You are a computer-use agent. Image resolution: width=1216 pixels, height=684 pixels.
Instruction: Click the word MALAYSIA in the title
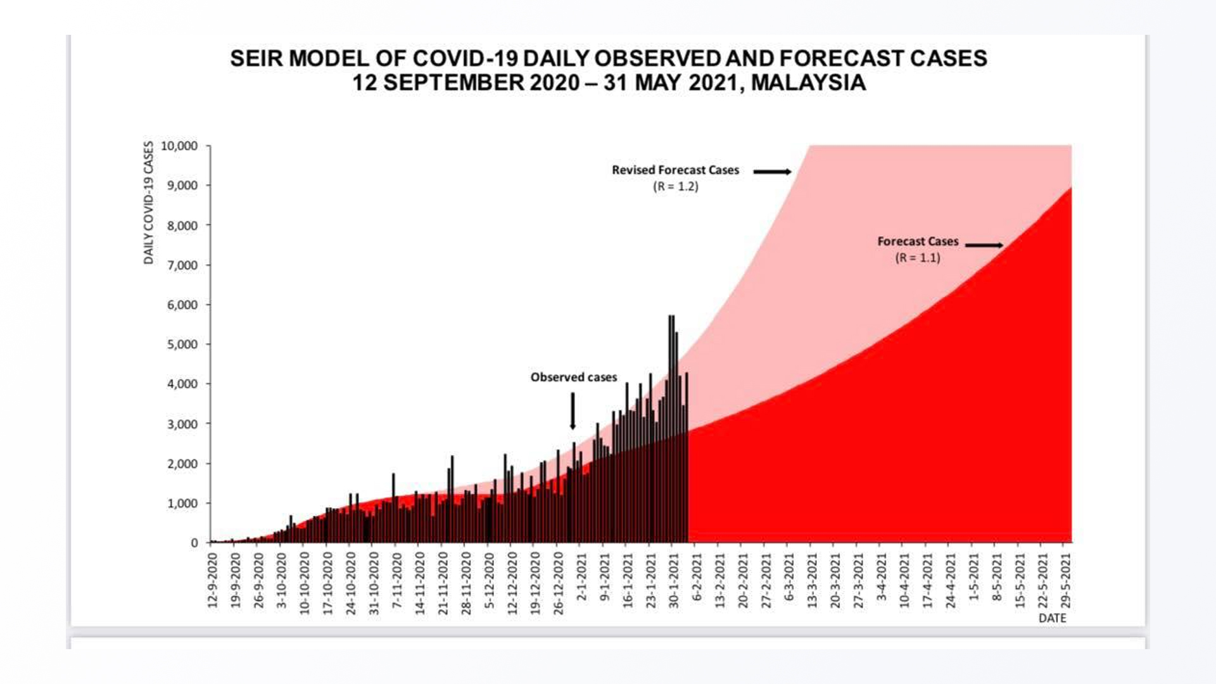(x=808, y=83)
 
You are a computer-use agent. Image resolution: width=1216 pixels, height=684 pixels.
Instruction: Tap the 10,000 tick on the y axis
(x=179, y=146)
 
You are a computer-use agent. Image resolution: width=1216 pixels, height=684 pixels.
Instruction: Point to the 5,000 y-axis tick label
(x=182, y=345)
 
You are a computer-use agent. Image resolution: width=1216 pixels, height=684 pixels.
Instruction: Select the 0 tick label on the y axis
(x=194, y=543)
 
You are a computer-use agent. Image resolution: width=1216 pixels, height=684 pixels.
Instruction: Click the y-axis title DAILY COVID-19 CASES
(x=149, y=203)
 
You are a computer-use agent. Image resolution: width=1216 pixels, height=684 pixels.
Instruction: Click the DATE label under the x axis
(x=1052, y=618)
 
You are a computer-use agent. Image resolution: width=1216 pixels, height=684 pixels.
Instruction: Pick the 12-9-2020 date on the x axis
(x=212, y=580)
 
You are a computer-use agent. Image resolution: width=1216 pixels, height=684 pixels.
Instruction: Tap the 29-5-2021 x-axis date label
(x=1065, y=580)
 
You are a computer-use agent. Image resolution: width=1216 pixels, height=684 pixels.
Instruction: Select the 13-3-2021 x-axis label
(x=812, y=580)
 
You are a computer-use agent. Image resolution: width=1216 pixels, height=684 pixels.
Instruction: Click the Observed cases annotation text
(x=573, y=377)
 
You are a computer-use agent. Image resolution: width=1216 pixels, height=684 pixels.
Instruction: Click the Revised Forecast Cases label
(x=675, y=170)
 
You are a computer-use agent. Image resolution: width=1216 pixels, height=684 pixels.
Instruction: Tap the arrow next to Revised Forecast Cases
(x=772, y=172)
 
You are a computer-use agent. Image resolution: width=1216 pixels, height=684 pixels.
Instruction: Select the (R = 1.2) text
(x=675, y=187)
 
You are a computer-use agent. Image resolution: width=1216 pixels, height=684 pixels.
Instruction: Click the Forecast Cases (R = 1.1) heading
(x=917, y=241)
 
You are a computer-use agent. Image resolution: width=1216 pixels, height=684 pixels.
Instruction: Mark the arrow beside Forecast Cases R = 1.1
(x=984, y=245)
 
